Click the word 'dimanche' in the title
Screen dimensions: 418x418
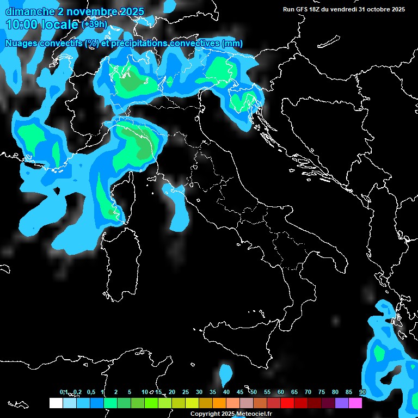(27, 11)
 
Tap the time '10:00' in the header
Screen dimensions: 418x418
(22, 24)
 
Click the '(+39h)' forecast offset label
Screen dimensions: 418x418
(94, 24)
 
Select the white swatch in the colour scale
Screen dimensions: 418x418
(56, 403)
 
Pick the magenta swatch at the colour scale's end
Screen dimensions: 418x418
(355, 403)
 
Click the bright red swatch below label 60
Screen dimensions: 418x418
(287, 403)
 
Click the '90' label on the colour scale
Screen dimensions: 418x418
(362, 392)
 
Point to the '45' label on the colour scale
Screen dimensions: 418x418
(240, 392)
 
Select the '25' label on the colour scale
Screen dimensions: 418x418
(186, 392)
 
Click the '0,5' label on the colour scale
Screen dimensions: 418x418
(90, 392)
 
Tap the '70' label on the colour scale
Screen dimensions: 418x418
(308, 392)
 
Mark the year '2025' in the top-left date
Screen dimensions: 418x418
(132, 11)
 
